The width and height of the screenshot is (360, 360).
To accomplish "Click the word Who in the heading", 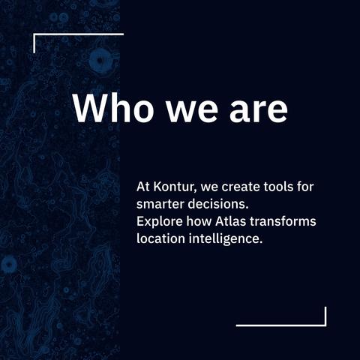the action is [113, 108].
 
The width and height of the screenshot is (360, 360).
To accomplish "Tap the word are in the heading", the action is [259, 111].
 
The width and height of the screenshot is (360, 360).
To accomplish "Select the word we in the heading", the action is [192, 111].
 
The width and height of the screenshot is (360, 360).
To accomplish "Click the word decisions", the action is [218, 204].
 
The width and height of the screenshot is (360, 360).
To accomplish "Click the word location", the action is [160, 238].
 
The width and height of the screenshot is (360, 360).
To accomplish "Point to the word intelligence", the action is [226, 239].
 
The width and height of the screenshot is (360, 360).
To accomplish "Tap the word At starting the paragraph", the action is [143, 187].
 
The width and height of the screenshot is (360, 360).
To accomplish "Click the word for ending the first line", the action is [305, 187].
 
